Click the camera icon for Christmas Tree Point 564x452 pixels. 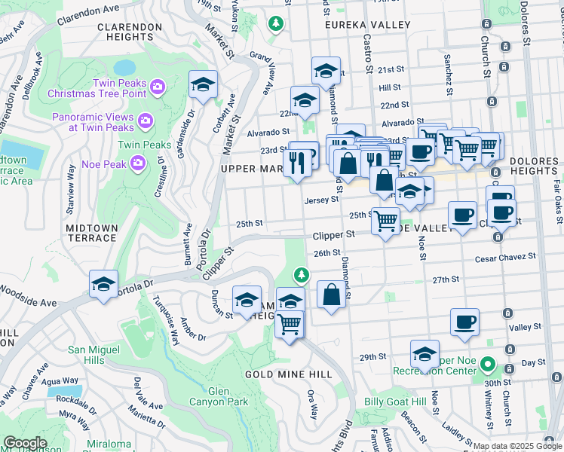tap(158, 87)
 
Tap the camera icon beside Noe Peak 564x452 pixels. tap(138, 162)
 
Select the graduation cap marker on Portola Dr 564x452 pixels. tap(103, 284)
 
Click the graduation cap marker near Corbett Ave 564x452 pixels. tap(203, 85)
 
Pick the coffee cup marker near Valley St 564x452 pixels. tap(464, 322)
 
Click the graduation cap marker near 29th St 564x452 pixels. tap(425, 354)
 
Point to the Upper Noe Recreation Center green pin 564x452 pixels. tap(488, 368)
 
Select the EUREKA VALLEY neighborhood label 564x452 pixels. tap(367, 25)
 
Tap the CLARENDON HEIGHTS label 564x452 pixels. tap(130, 31)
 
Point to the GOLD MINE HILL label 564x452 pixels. tap(288, 374)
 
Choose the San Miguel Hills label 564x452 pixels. tap(93, 355)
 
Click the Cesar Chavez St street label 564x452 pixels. tap(505, 257)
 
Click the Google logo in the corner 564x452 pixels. tap(25, 443)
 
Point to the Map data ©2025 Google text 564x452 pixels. tap(516, 446)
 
